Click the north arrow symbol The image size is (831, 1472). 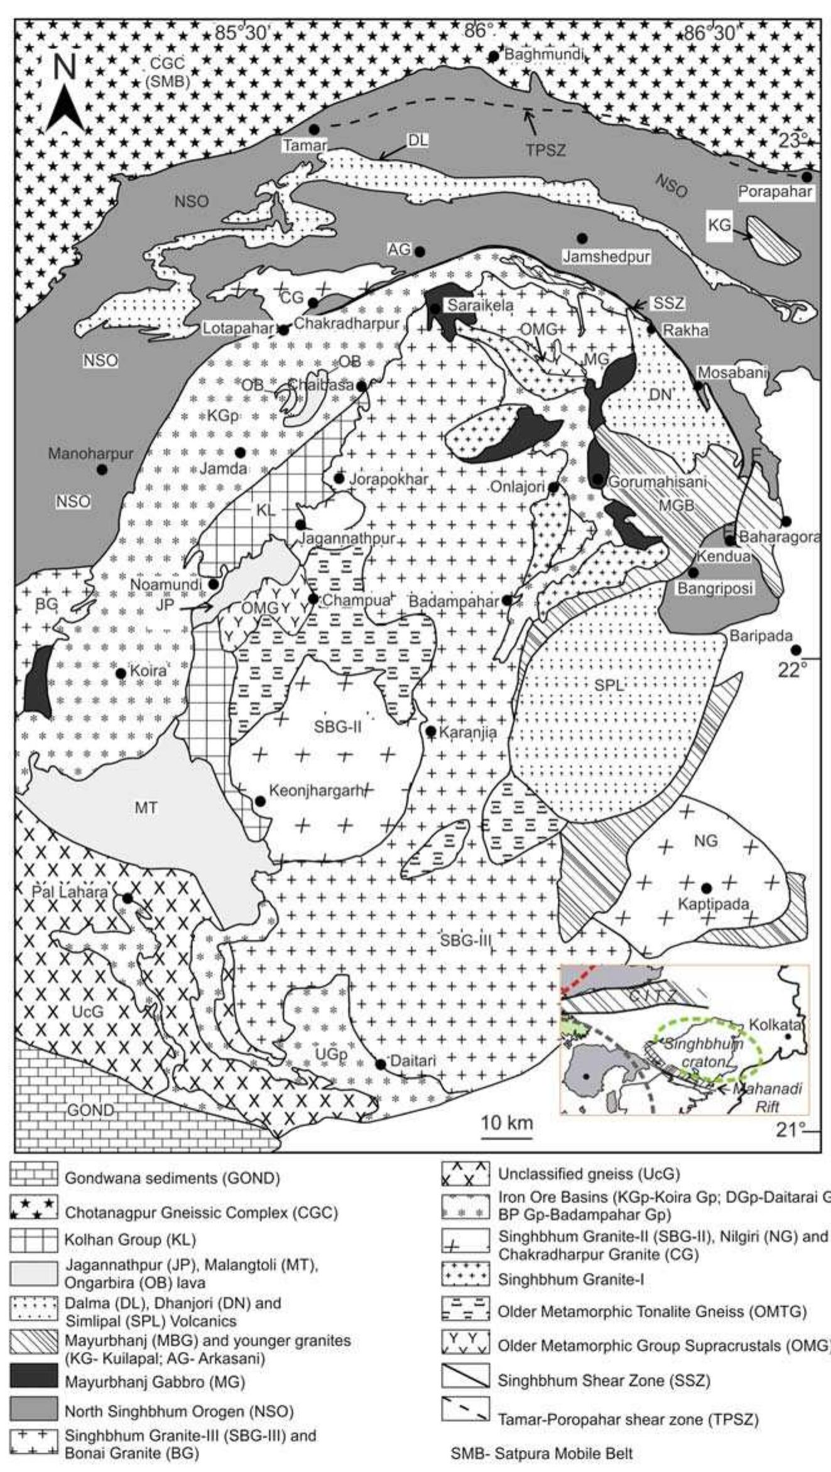[65, 94]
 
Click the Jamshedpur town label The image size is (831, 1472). [606, 256]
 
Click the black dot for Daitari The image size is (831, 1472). [381, 1064]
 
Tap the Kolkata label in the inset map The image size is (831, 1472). [774, 1025]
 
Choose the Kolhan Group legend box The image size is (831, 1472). [33, 1239]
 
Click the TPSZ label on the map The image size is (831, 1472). [546, 150]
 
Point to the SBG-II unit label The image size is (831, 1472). [338, 727]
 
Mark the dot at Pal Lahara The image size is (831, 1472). [128, 898]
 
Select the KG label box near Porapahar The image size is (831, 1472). [720, 224]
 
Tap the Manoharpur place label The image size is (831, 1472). [90, 453]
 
